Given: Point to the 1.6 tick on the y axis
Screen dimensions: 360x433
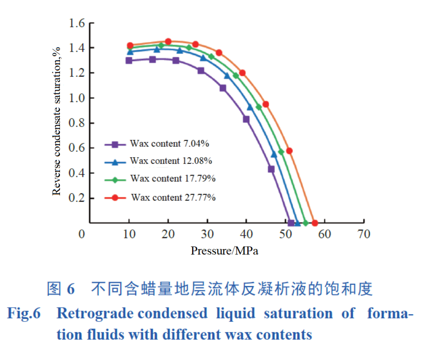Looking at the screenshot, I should tap(77, 23).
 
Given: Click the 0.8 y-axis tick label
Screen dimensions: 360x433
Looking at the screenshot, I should tap(77, 123).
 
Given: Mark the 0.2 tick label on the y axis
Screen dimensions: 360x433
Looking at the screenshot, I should tap(77, 198).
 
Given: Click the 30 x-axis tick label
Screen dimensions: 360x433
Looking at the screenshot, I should tap(207, 234).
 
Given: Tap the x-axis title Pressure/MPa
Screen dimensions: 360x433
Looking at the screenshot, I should tap(225, 251).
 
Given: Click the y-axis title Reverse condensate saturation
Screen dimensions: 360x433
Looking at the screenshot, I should tap(57, 121).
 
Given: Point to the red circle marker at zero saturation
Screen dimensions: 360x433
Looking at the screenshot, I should tap(315, 223).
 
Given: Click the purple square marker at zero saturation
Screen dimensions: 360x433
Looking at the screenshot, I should tap(291, 223).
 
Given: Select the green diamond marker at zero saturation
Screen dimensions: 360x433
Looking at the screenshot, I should tap(306, 223).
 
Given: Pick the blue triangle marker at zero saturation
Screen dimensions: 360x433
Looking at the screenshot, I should tap(297, 223).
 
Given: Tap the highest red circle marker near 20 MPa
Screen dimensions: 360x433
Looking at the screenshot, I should tap(168, 41).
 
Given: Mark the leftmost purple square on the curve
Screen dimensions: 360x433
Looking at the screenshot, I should tap(129, 60).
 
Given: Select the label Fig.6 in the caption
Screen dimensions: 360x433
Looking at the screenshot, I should tap(24, 314).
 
